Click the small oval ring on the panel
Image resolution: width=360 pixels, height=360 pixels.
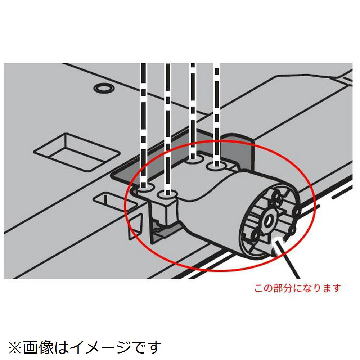(x=104, y=88)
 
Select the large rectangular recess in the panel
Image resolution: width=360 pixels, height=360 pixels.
(x=77, y=152)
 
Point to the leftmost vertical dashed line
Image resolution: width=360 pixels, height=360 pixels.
(x=144, y=125)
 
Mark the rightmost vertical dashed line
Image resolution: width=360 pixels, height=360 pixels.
(x=216, y=114)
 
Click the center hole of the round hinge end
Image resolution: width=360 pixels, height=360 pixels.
(x=267, y=221)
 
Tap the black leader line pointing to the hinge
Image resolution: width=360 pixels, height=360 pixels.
(x=288, y=260)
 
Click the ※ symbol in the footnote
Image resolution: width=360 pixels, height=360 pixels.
(x=15, y=348)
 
